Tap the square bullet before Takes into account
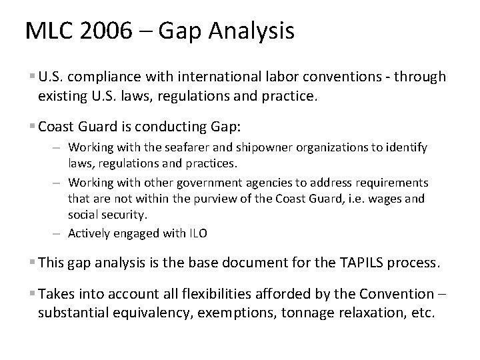pyautogui.click(x=33, y=294)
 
